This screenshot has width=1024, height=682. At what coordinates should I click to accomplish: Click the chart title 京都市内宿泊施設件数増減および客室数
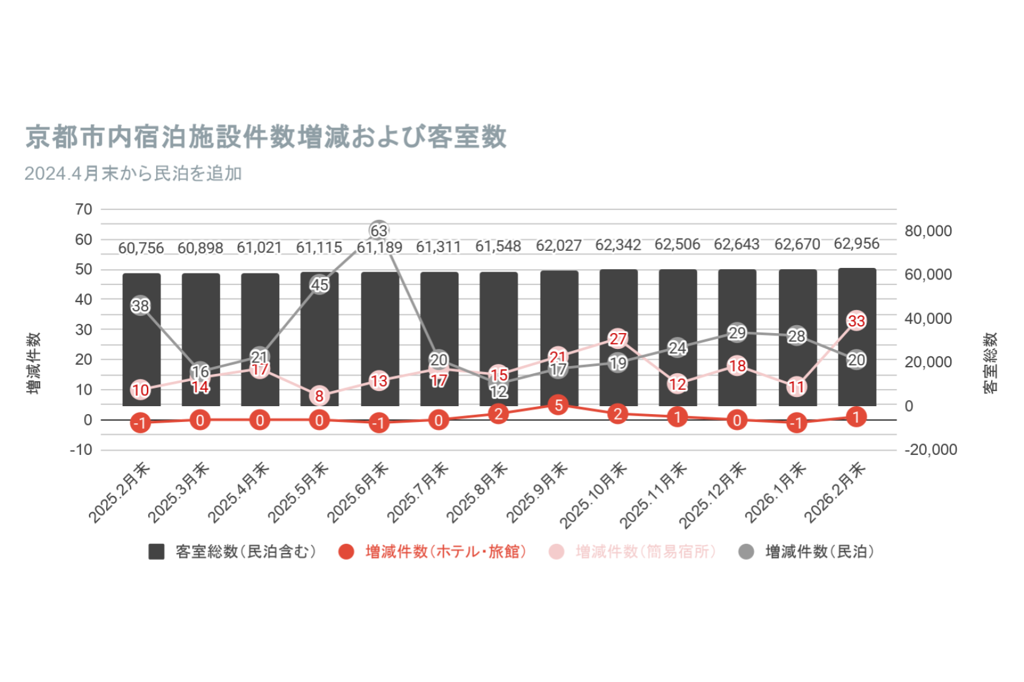coord(266,137)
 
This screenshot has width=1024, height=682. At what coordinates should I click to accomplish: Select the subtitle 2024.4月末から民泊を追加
coord(133,174)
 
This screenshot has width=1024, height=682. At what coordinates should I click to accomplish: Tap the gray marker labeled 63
coord(379,231)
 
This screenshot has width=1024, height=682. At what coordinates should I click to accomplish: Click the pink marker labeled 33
coord(856,321)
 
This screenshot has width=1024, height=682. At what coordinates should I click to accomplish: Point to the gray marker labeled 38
coord(141,306)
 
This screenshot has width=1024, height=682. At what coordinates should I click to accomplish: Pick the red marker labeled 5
coord(558,405)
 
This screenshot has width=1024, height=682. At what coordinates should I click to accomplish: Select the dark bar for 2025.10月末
coord(618,337)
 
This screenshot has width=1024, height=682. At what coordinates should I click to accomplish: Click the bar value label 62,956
coord(856,244)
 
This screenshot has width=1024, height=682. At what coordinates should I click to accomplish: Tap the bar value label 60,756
coord(141,248)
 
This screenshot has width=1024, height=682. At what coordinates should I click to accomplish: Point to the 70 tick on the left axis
coord(84,209)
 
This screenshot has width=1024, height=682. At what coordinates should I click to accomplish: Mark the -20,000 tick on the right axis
coord(931,449)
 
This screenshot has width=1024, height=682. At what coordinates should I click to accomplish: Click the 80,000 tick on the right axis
coord(928,231)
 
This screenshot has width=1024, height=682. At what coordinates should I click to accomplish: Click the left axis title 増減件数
coord(34,363)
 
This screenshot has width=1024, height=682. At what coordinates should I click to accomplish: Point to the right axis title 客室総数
coord(990,363)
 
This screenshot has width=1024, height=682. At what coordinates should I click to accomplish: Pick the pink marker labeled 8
coord(319,396)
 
